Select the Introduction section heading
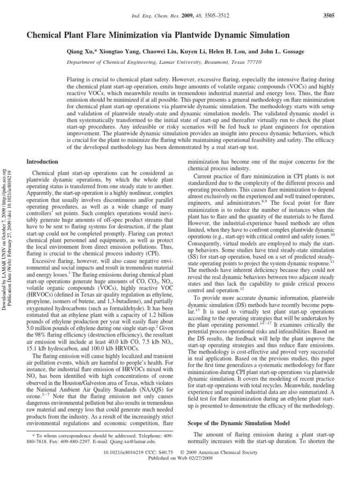click(x=43, y=162)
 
